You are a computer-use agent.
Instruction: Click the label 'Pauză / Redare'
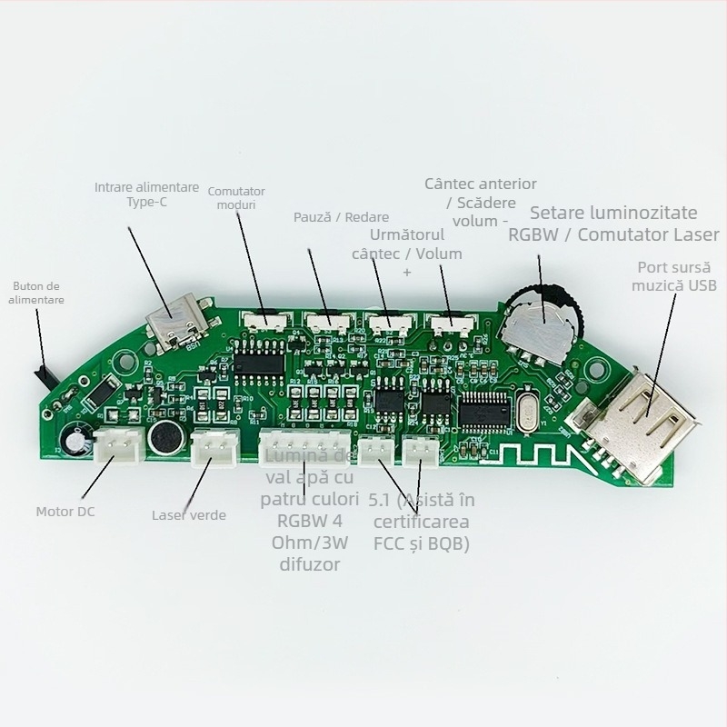341,217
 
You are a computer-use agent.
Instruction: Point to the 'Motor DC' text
65,511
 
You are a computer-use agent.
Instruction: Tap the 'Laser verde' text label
189,515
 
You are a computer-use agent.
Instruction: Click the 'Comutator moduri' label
236,198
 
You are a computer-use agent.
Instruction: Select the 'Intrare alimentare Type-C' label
146,194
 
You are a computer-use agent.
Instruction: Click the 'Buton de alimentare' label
37,293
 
